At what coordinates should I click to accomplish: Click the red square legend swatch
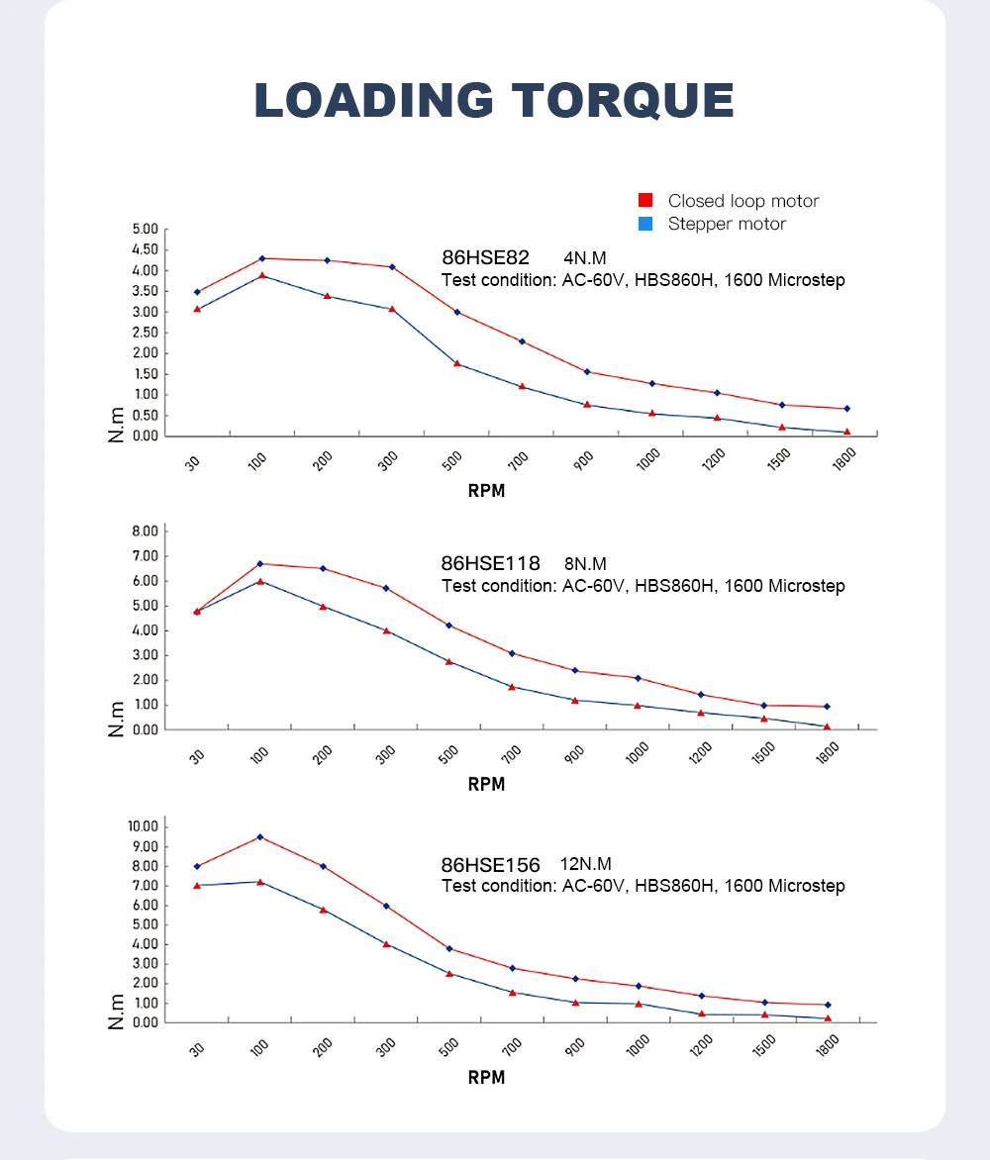click(x=645, y=201)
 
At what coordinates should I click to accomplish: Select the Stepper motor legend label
click(x=727, y=224)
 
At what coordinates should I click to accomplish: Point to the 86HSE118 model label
click(x=491, y=563)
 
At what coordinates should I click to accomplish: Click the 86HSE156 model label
click(x=491, y=864)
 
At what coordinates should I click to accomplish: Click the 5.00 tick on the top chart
click(x=145, y=229)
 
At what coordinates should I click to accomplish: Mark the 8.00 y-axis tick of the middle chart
click(x=145, y=531)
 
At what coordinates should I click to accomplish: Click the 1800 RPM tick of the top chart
click(x=844, y=459)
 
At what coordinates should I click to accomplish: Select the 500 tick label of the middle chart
click(x=448, y=754)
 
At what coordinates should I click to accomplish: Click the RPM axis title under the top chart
click(x=486, y=491)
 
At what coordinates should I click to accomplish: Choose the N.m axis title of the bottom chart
click(x=117, y=1010)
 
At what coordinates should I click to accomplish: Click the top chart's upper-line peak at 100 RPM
click(x=262, y=258)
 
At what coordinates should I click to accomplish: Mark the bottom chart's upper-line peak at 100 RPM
click(x=260, y=836)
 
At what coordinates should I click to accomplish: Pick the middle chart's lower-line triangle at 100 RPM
click(x=260, y=581)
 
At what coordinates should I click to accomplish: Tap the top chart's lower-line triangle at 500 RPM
click(x=456, y=363)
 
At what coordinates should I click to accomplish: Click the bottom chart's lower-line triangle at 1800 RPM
click(x=828, y=1018)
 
